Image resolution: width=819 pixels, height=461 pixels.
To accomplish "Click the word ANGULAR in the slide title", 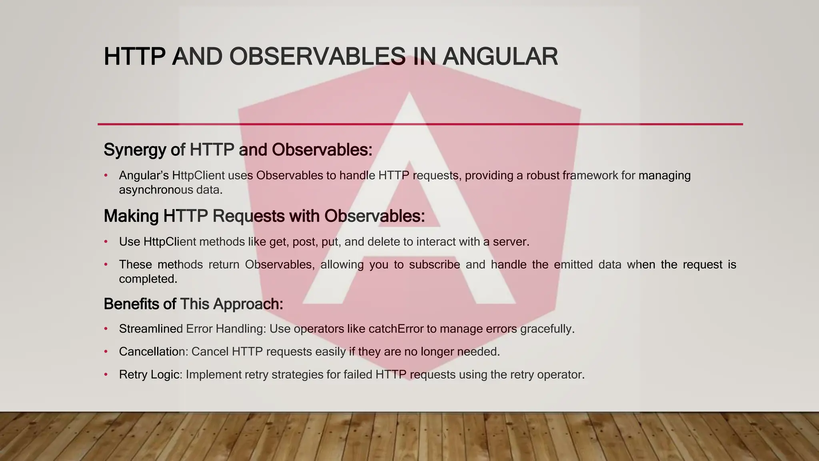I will click(x=500, y=56).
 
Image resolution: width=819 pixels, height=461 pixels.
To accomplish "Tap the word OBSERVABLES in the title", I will click(x=317, y=56).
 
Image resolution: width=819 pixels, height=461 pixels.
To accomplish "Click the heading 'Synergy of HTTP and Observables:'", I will click(x=238, y=150).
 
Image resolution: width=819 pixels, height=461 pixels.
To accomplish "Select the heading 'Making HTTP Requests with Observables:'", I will click(x=264, y=216).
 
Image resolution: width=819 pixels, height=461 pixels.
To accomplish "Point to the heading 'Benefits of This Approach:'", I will click(x=193, y=304).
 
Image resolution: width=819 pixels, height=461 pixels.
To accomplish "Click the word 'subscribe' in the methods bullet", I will click(x=434, y=265).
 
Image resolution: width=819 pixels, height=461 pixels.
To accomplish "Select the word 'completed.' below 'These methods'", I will click(x=148, y=279).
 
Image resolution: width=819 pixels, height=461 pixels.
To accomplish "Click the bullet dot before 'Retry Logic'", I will click(x=106, y=375).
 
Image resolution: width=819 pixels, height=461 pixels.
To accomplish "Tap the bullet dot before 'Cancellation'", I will click(x=106, y=352).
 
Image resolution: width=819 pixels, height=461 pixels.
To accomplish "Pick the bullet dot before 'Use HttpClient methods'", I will click(x=106, y=242).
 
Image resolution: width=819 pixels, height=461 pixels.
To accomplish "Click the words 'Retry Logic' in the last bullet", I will click(x=149, y=375).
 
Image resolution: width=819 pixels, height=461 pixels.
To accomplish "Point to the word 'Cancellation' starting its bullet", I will click(x=153, y=352).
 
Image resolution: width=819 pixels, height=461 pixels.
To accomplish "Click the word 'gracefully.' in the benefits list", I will click(x=547, y=329).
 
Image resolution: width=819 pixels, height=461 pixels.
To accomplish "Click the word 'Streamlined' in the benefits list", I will click(x=151, y=329).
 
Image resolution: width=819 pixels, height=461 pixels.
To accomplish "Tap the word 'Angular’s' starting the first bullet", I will click(x=144, y=176).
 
